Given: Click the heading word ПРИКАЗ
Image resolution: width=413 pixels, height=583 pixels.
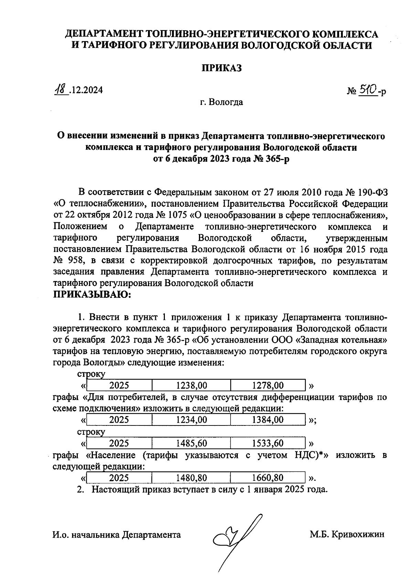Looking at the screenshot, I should click(222, 68).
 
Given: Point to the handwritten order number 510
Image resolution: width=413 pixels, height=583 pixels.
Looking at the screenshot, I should click(367, 90).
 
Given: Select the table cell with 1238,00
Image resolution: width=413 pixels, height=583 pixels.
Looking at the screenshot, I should click(191, 385).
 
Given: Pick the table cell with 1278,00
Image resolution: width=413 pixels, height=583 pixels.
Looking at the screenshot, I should click(268, 385).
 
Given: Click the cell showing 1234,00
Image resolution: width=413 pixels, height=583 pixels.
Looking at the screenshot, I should click(191, 420).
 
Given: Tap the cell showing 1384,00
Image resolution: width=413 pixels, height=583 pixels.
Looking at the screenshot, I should click(268, 420).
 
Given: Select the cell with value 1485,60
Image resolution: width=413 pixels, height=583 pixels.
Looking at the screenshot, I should click(191, 443).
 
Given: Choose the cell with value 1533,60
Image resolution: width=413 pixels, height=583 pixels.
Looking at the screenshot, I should click(268, 443).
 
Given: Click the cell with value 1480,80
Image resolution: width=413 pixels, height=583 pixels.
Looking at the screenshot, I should click(191, 478).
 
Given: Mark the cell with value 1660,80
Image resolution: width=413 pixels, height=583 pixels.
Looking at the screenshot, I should click(268, 478).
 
